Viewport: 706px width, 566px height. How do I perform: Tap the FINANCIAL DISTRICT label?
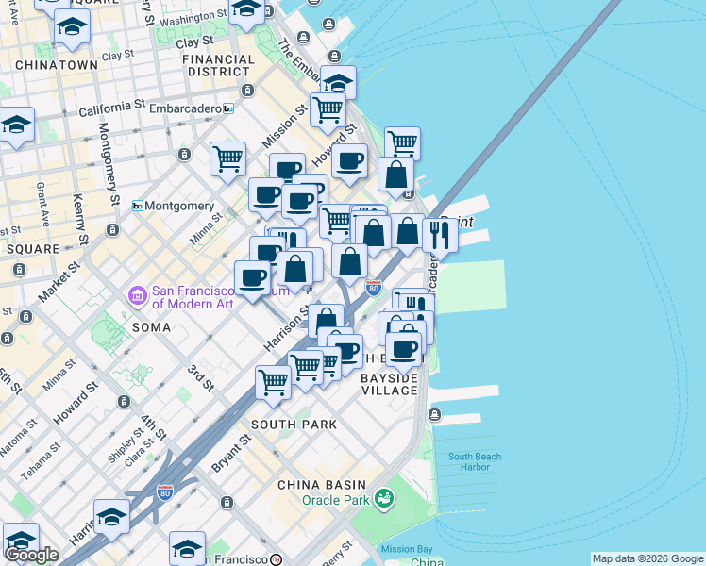click(219, 65)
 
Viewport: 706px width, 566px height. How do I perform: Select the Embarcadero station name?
click(185, 108)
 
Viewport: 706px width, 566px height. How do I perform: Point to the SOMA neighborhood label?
click(152, 327)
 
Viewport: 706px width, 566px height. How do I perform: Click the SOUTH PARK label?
click(294, 424)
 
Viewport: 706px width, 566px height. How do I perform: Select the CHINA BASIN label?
click(315, 484)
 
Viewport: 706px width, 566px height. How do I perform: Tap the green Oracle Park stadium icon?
click(383, 497)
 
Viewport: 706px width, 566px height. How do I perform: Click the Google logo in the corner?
click(31, 555)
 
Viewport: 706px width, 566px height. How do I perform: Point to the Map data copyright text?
click(647, 558)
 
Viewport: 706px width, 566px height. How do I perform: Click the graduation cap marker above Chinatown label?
click(72, 28)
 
